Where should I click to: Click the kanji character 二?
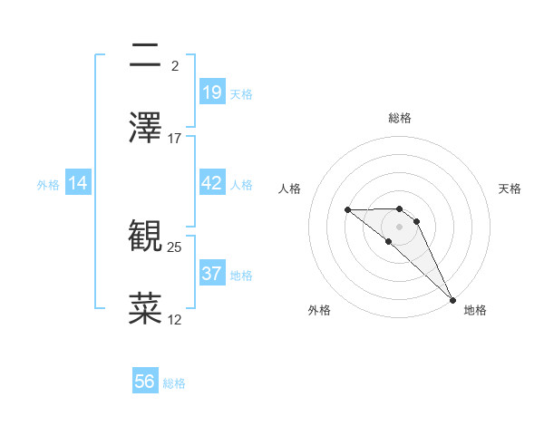point(145,56)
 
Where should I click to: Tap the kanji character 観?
point(145,237)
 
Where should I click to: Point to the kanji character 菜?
point(145,308)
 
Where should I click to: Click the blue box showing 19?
point(212,92)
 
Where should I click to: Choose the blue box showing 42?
point(212,183)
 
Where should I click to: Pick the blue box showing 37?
point(212,273)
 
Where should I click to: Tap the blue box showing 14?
point(78,183)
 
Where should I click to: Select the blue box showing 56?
point(145,382)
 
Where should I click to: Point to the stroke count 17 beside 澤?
point(175,139)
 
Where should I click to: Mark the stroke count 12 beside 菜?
point(175,319)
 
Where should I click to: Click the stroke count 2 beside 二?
point(175,66)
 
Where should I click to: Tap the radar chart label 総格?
point(400,118)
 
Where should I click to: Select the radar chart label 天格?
point(510,189)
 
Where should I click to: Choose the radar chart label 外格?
point(319,310)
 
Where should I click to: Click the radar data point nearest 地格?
point(452,299)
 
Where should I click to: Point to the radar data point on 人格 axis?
point(348,210)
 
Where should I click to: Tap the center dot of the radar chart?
point(400,226)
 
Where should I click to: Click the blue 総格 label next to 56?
point(174,382)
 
